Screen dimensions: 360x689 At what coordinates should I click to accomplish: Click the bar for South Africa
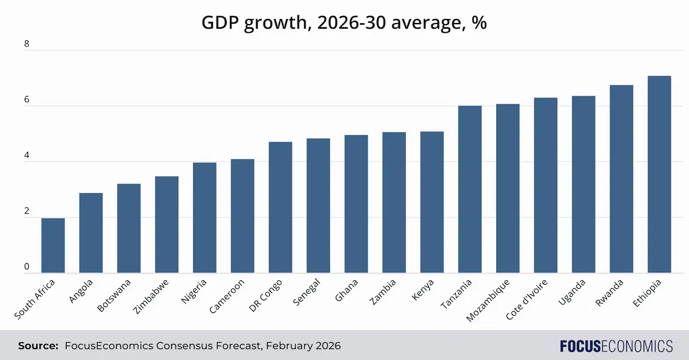click(x=53, y=245)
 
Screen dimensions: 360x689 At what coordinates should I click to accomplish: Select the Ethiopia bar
click(x=659, y=174)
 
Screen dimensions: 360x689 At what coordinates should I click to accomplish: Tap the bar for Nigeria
click(x=204, y=218)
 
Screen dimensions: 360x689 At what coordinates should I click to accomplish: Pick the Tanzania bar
click(x=470, y=189)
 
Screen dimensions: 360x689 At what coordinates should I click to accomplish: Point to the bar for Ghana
click(x=356, y=204)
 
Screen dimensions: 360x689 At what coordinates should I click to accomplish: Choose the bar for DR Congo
click(x=280, y=207)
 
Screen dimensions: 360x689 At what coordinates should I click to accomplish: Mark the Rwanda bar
click(x=621, y=179)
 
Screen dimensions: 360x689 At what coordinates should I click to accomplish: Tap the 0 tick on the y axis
click(x=26, y=266)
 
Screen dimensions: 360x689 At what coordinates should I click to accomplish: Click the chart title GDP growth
click(x=344, y=23)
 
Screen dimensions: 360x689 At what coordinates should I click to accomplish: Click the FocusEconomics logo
click(x=616, y=346)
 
